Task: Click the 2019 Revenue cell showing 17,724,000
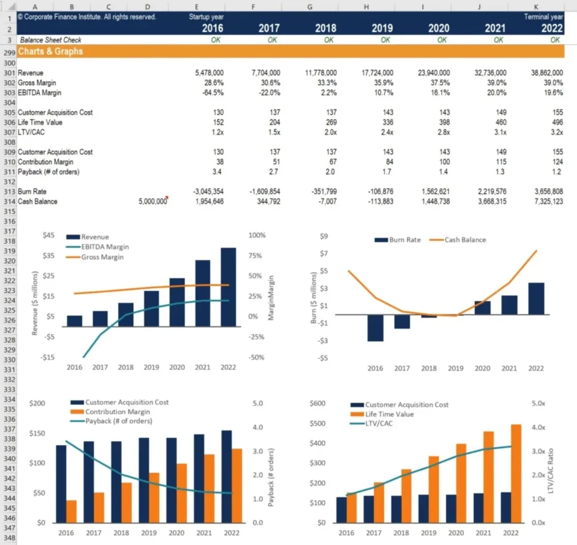[x=378, y=73]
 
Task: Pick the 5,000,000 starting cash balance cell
[x=153, y=202]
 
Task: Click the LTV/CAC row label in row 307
[x=31, y=133]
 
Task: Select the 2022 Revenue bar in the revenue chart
[x=228, y=287]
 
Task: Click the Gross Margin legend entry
[x=102, y=257]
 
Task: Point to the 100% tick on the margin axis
[x=257, y=236]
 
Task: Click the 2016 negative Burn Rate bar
[x=376, y=328]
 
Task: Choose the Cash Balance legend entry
[x=465, y=240]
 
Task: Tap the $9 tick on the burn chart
[x=324, y=236]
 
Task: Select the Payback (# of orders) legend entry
[x=118, y=421]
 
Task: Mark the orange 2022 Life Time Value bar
[x=516, y=474]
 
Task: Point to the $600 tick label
[x=318, y=403]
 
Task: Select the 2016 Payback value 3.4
[x=219, y=172]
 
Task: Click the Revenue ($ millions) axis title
[x=35, y=303]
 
